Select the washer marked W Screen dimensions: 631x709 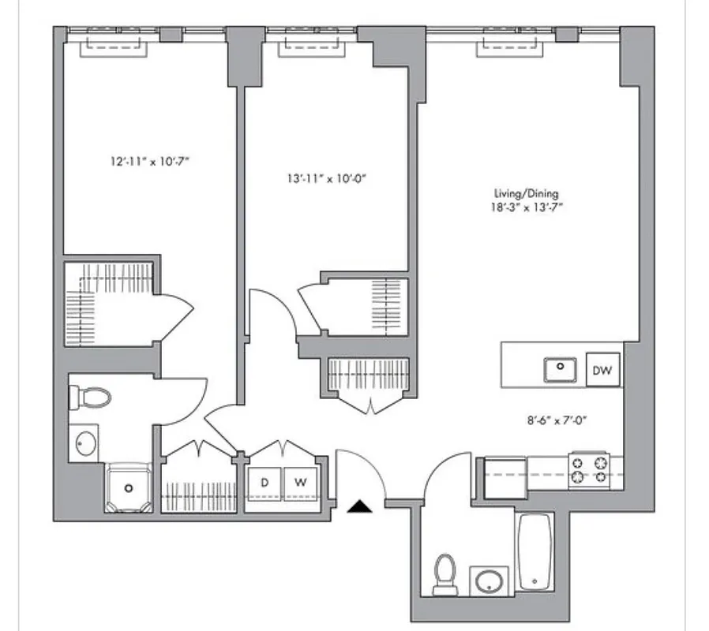point(299,481)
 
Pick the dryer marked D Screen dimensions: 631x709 point(264,481)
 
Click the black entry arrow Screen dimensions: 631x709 point(359,507)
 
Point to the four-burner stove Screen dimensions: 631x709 point(588,468)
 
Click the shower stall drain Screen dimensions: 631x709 point(127,488)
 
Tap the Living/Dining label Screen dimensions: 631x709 point(520,193)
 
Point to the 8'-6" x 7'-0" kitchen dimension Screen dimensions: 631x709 point(561,420)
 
